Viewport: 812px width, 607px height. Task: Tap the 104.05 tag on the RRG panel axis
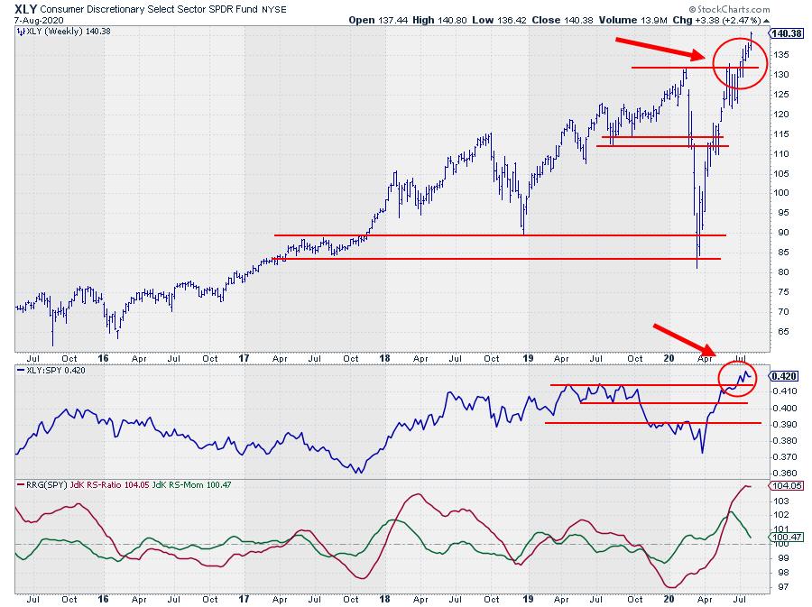click(x=785, y=485)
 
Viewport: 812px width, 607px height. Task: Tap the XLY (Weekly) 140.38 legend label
click(x=59, y=32)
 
